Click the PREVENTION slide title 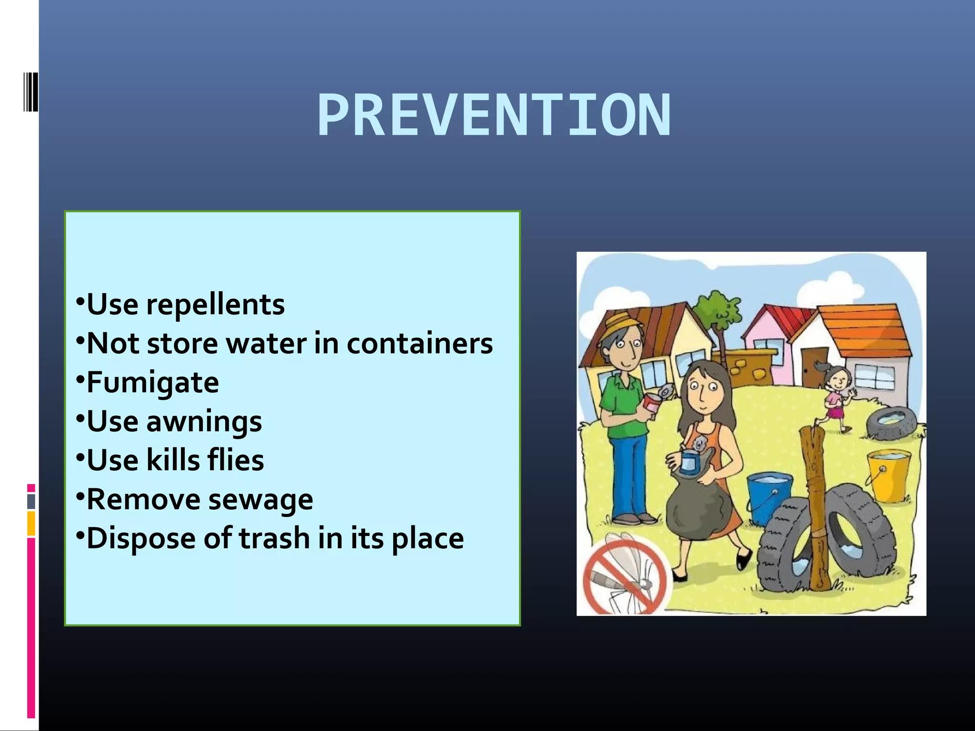[x=494, y=116]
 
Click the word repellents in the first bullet [x=215, y=305]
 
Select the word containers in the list [x=419, y=344]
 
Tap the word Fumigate [x=152, y=383]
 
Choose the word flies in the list [x=236, y=460]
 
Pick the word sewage [x=260, y=500]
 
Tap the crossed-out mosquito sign [x=624, y=576]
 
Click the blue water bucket [x=769, y=495]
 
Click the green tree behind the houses [x=716, y=309]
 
